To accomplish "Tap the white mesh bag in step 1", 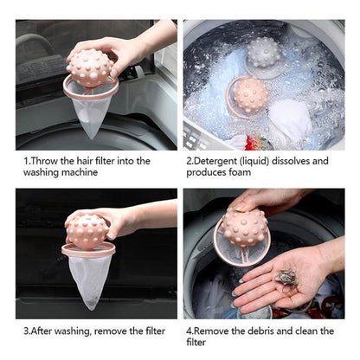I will pyautogui.click(x=93, y=111).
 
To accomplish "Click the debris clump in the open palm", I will pyautogui.click(x=286, y=277).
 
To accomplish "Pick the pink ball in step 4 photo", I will pyautogui.click(x=246, y=228).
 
